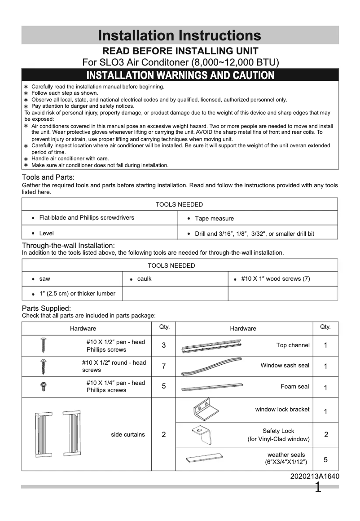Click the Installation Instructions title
180,35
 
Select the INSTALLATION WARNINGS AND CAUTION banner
180,75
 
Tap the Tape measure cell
214,218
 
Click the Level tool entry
46,233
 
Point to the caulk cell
144,278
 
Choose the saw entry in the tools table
44,278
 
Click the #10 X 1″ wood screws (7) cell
275,278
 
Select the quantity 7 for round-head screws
163,366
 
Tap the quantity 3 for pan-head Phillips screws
163,345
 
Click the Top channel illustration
211,346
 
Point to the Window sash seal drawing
211,366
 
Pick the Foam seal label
294,386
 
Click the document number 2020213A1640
315,477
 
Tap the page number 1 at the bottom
318,488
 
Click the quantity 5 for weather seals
325,459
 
